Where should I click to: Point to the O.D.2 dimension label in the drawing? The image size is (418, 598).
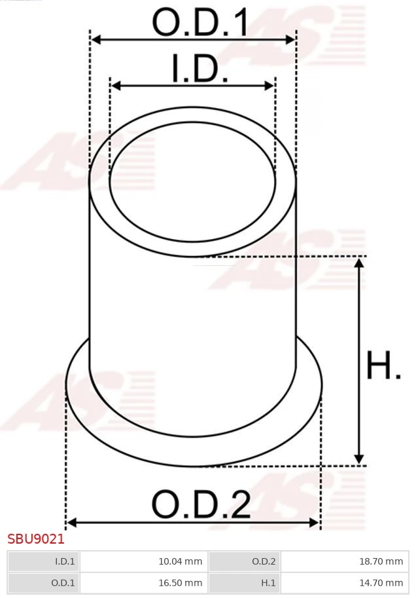click(x=201, y=504)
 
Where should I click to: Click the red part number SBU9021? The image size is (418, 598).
click(x=36, y=540)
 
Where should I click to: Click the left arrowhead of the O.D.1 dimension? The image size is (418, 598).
click(x=96, y=40)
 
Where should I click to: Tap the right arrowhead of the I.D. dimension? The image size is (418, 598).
click(x=270, y=86)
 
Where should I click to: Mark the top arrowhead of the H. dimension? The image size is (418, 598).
click(x=358, y=263)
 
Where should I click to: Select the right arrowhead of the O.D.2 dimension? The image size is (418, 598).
click(x=315, y=523)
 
